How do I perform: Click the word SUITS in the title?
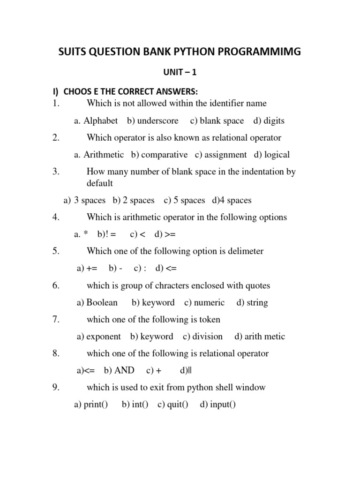point(73,52)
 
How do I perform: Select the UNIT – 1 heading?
point(180,73)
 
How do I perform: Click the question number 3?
point(56,172)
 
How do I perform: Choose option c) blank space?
point(217,120)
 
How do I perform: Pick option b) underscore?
point(153,120)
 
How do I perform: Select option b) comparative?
point(159,155)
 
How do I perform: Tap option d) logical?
point(272,155)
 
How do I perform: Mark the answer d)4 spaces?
point(232,200)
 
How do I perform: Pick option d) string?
point(252,302)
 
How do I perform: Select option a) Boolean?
point(97,302)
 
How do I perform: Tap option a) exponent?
point(98,337)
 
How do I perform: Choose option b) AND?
point(119,370)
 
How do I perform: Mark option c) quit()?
point(172,405)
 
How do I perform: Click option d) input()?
point(217,405)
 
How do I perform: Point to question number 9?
point(56,388)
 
